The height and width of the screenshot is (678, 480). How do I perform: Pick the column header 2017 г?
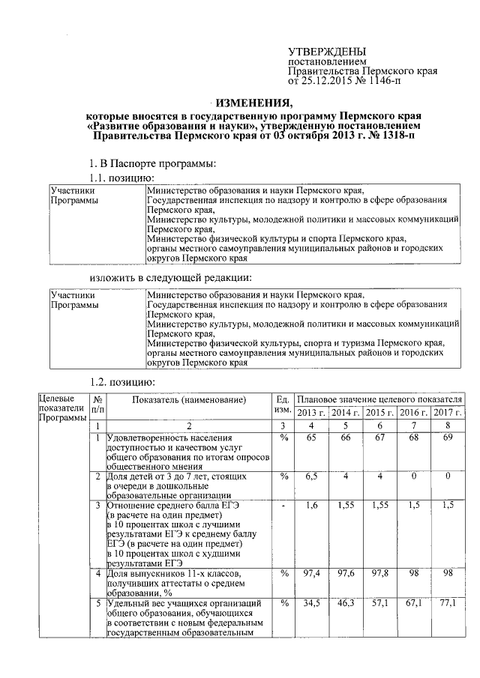pos(448,413)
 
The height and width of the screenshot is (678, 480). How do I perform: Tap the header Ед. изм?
pos(283,406)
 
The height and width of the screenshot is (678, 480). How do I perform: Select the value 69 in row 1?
pos(448,438)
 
